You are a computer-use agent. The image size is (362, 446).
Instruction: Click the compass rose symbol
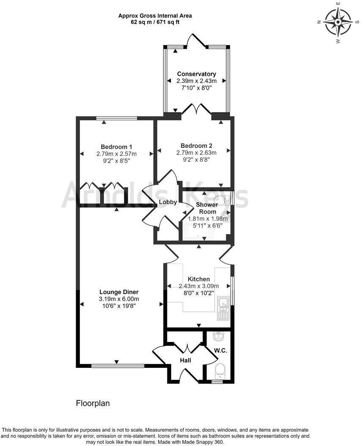pyautogui.click(x=338, y=22)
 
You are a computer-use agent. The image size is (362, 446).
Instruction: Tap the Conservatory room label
pyautogui.click(x=196, y=74)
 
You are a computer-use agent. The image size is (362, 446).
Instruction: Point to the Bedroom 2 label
pyautogui.click(x=196, y=146)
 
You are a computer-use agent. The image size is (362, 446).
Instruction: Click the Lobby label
pyautogui.click(x=167, y=202)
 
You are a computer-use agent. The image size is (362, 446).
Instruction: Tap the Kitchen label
pyautogui.click(x=199, y=279)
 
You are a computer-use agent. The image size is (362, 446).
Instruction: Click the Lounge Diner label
pyautogui.click(x=119, y=292)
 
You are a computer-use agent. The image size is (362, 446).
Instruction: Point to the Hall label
pyautogui.click(x=185, y=360)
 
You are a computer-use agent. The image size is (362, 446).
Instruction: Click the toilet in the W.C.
pyautogui.click(x=220, y=370)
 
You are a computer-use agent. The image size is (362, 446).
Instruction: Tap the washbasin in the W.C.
pyautogui.click(x=218, y=337)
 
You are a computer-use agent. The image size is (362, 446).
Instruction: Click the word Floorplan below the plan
pyautogui.click(x=93, y=403)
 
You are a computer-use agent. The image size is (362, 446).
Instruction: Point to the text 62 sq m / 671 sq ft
pyautogui.click(x=155, y=22)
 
